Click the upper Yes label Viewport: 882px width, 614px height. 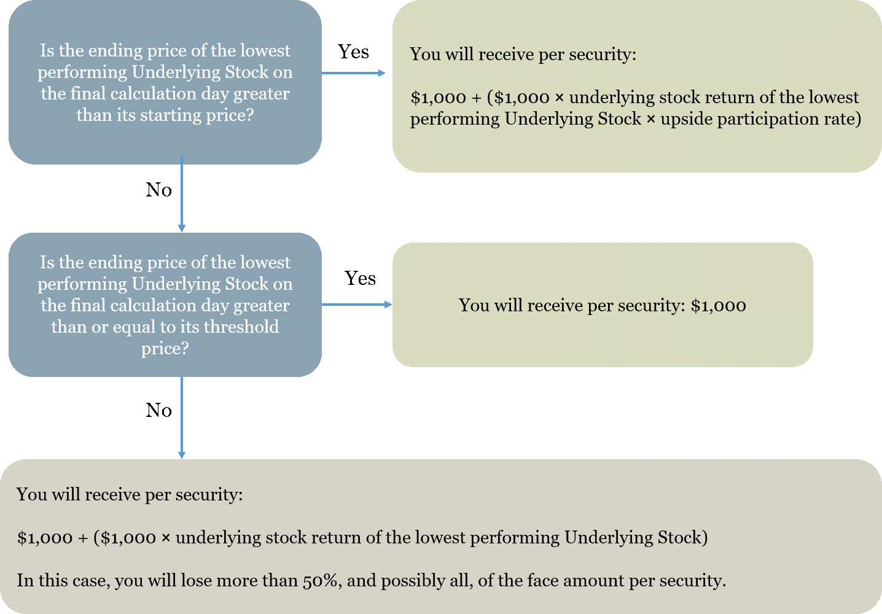[353, 52]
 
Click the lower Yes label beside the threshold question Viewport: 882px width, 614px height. [360, 278]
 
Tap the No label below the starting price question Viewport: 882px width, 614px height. [158, 190]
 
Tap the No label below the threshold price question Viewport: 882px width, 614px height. [158, 410]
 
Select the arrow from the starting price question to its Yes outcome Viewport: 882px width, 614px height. [353, 73]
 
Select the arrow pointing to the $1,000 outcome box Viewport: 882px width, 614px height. [357, 305]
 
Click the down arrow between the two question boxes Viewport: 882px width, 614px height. [182, 193]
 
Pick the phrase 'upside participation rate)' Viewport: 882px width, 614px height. [761, 119]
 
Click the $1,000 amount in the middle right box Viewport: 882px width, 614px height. [718, 306]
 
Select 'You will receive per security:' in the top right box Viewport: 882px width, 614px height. [523, 54]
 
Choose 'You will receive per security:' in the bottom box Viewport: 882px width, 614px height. [130, 495]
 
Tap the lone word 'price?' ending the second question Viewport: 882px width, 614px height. [165, 348]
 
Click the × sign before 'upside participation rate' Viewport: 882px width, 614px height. [651, 119]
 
